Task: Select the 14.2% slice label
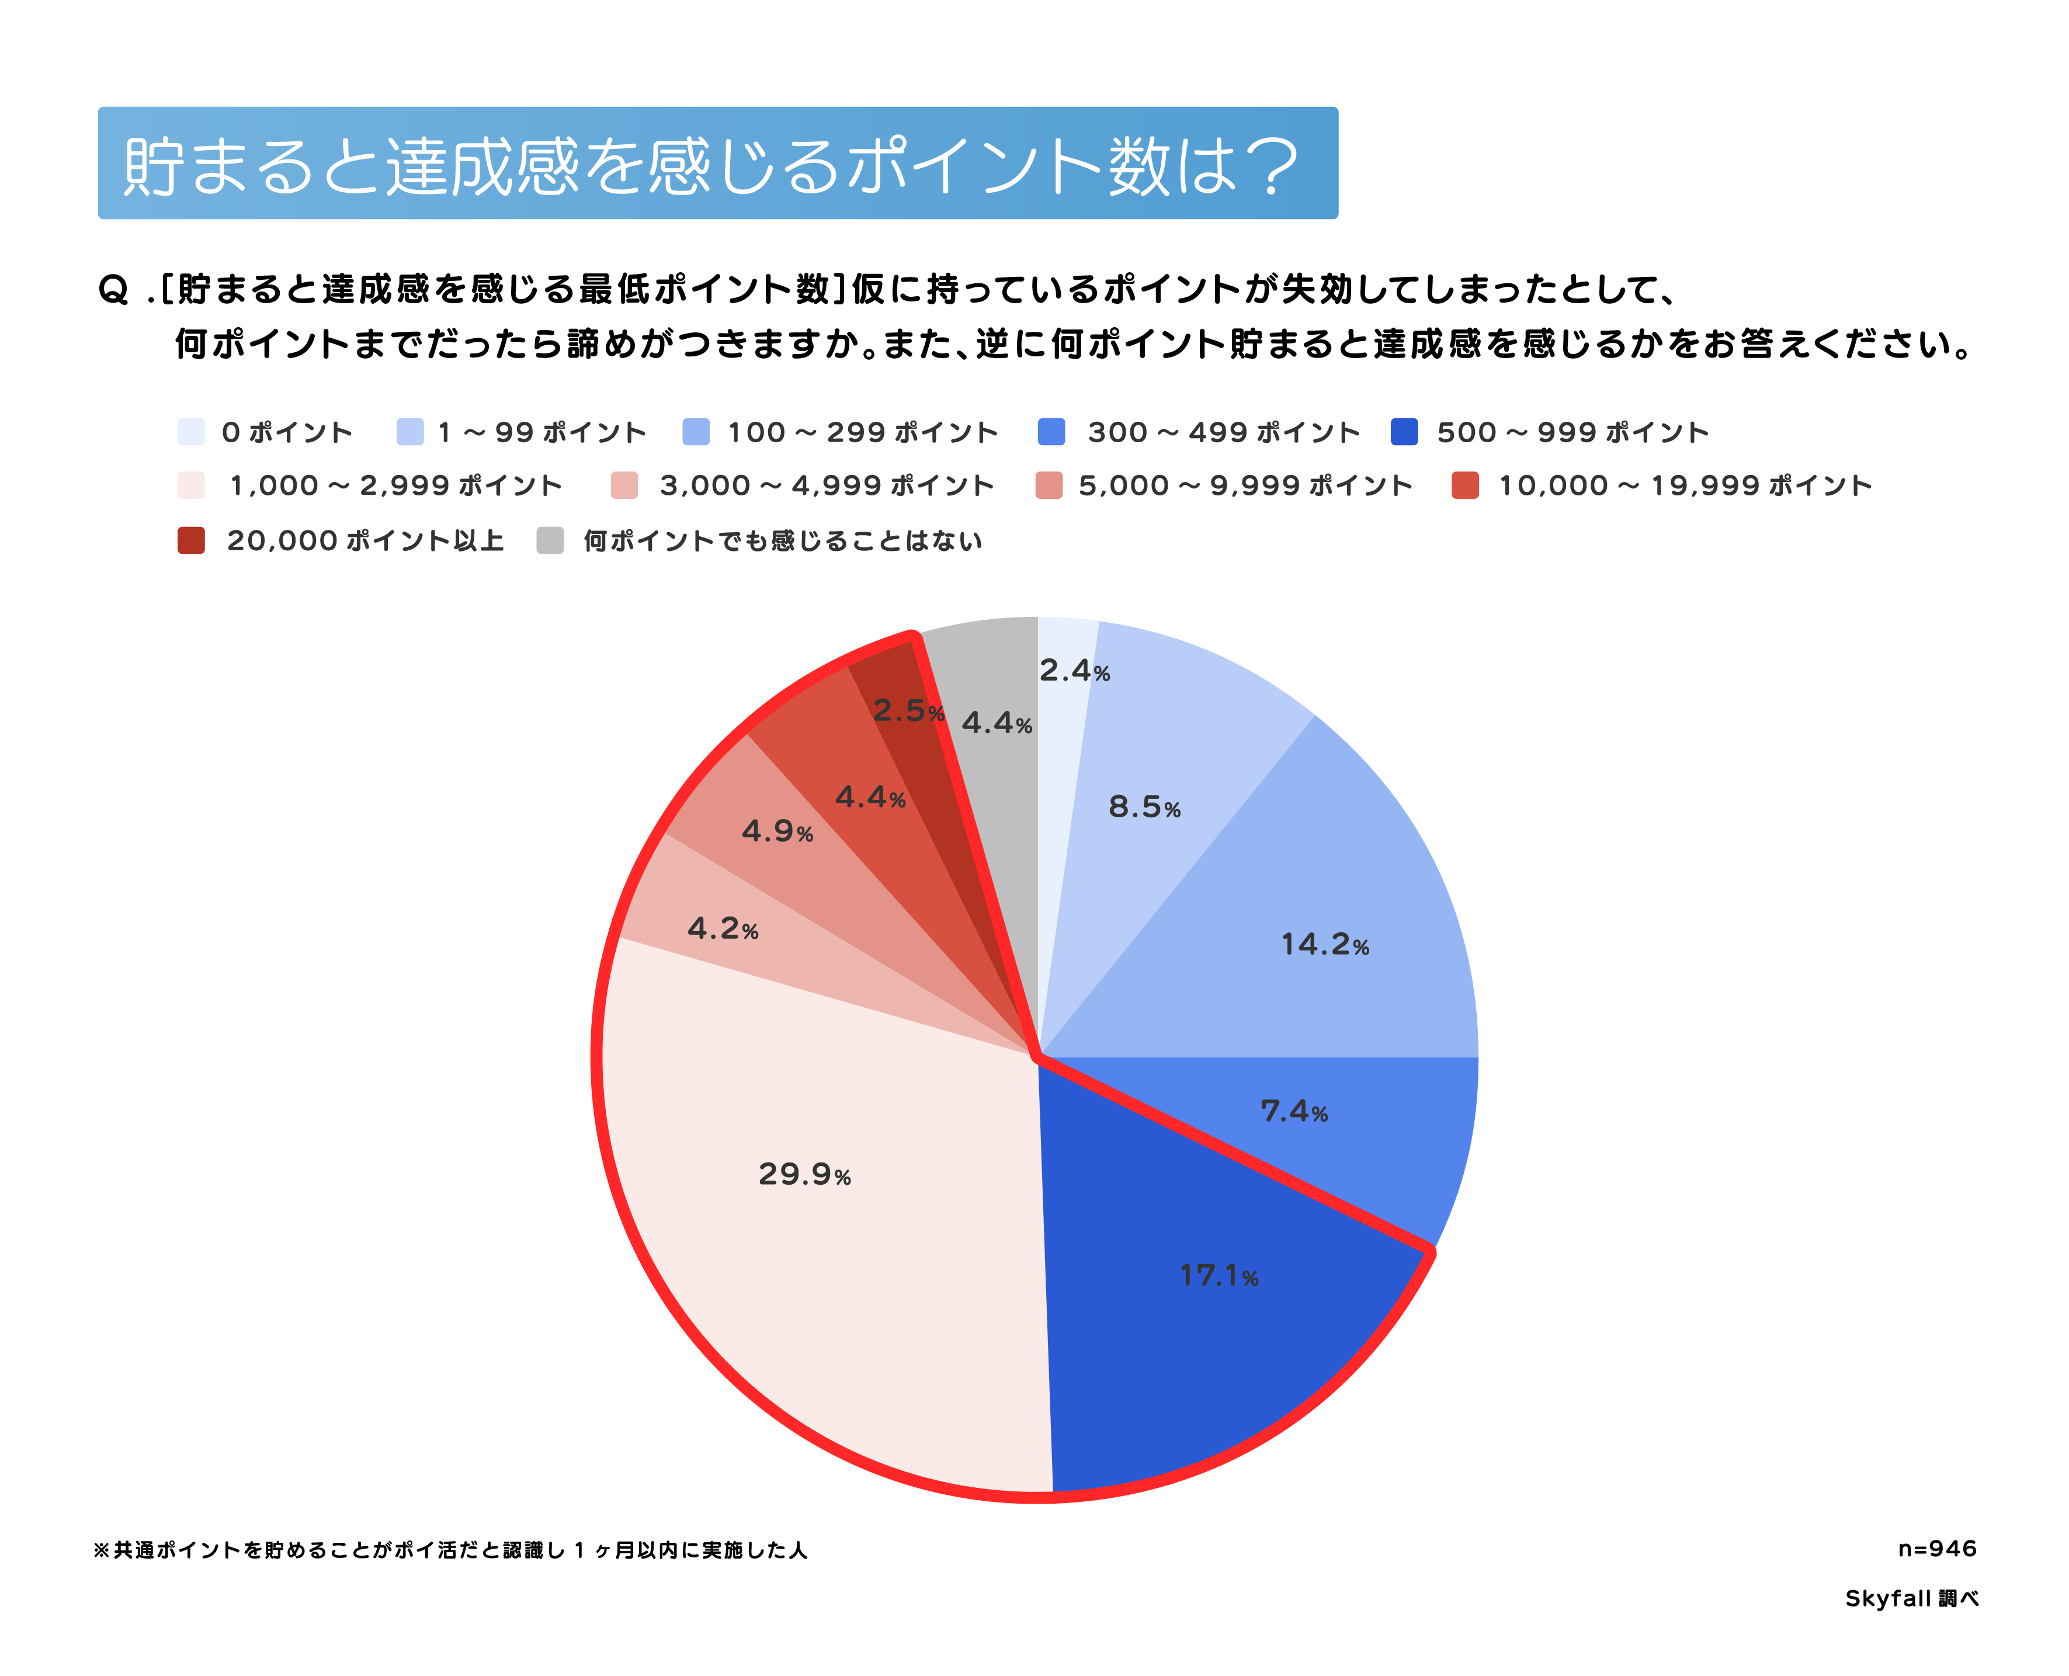pyautogui.click(x=1325, y=944)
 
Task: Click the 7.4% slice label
pyautogui.click(x=1294, y=1111)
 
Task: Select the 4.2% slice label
pyautogui.click(x=722, y=929)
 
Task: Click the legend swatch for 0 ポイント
pyautogui.click(x=191, y=432)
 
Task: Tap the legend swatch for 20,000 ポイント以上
pyautogui.click(x=191, y=540)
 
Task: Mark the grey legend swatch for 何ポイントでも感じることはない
pyautogui.click(x=550, y=540)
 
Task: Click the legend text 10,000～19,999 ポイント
pyautogui.click(x=1685, y=485)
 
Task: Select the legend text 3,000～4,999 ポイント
pyautogui.click(x=827, y=485)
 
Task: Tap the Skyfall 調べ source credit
pyautogui.click(x=1912, y=1599)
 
